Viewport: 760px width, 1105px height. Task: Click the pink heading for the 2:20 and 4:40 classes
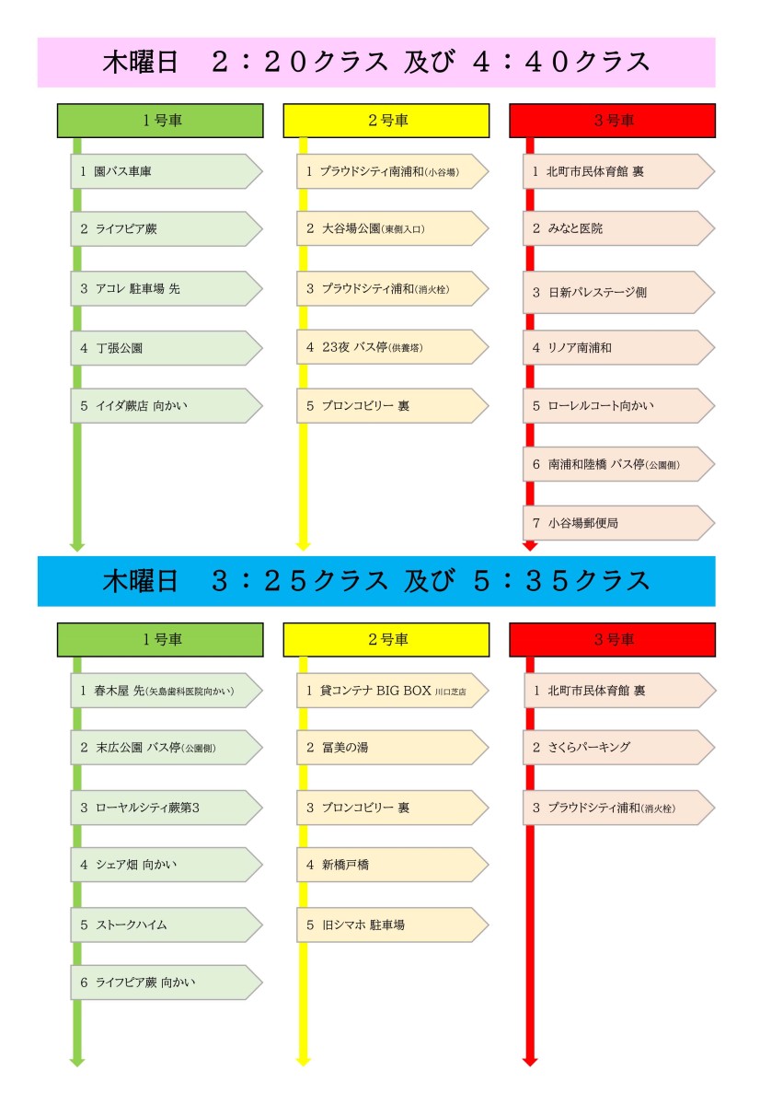pyautogui.click(x=376, y=63)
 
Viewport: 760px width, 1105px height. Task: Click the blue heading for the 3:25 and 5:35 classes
pyautogui.click(x=376, y=581)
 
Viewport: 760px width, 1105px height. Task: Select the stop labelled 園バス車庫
pyautogui.click(x=167, y=171)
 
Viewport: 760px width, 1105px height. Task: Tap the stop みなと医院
pyautogui.click(x=618, y=228)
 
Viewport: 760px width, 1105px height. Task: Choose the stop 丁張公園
pyautogui.click(x=167, y=348)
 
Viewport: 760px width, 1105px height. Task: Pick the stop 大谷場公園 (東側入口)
pyautogui.click(x=392, y=228)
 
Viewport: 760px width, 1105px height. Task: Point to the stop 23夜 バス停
pyautogui.click(x=392, y=347)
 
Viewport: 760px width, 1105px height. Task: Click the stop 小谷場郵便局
pyautogui.click(x=618, y=523)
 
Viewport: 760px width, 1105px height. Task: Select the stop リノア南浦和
pyautogui.click(x=618, y=347)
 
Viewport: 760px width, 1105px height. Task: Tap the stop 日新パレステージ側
pyautogui.click(x=618, y=292)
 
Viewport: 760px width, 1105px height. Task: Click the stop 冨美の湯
pyautogui.click(x=392, y=748)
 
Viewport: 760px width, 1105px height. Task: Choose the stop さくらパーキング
pyautogui.click(x=618, y=748)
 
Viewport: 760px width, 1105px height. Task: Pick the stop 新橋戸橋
pyautogui.click(x=392, y=865)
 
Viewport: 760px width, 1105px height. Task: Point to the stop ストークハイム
pyautogui.click(x=167, y=925)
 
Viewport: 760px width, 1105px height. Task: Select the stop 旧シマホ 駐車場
pyautogui.click(x=392, y=925)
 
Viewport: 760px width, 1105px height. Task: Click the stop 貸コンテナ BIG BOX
pyautogui.click(x=392, y=690)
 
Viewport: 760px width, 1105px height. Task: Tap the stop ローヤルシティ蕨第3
pyautogui.click(x=167, y=808)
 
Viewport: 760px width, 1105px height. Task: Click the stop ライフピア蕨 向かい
pyautogui.click(x=167, y=983)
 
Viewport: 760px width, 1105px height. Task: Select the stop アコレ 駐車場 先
pyautogui.click(x=167, y=288)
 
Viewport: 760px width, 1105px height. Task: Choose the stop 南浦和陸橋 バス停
pyautogui.click(x=618, y=464)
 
